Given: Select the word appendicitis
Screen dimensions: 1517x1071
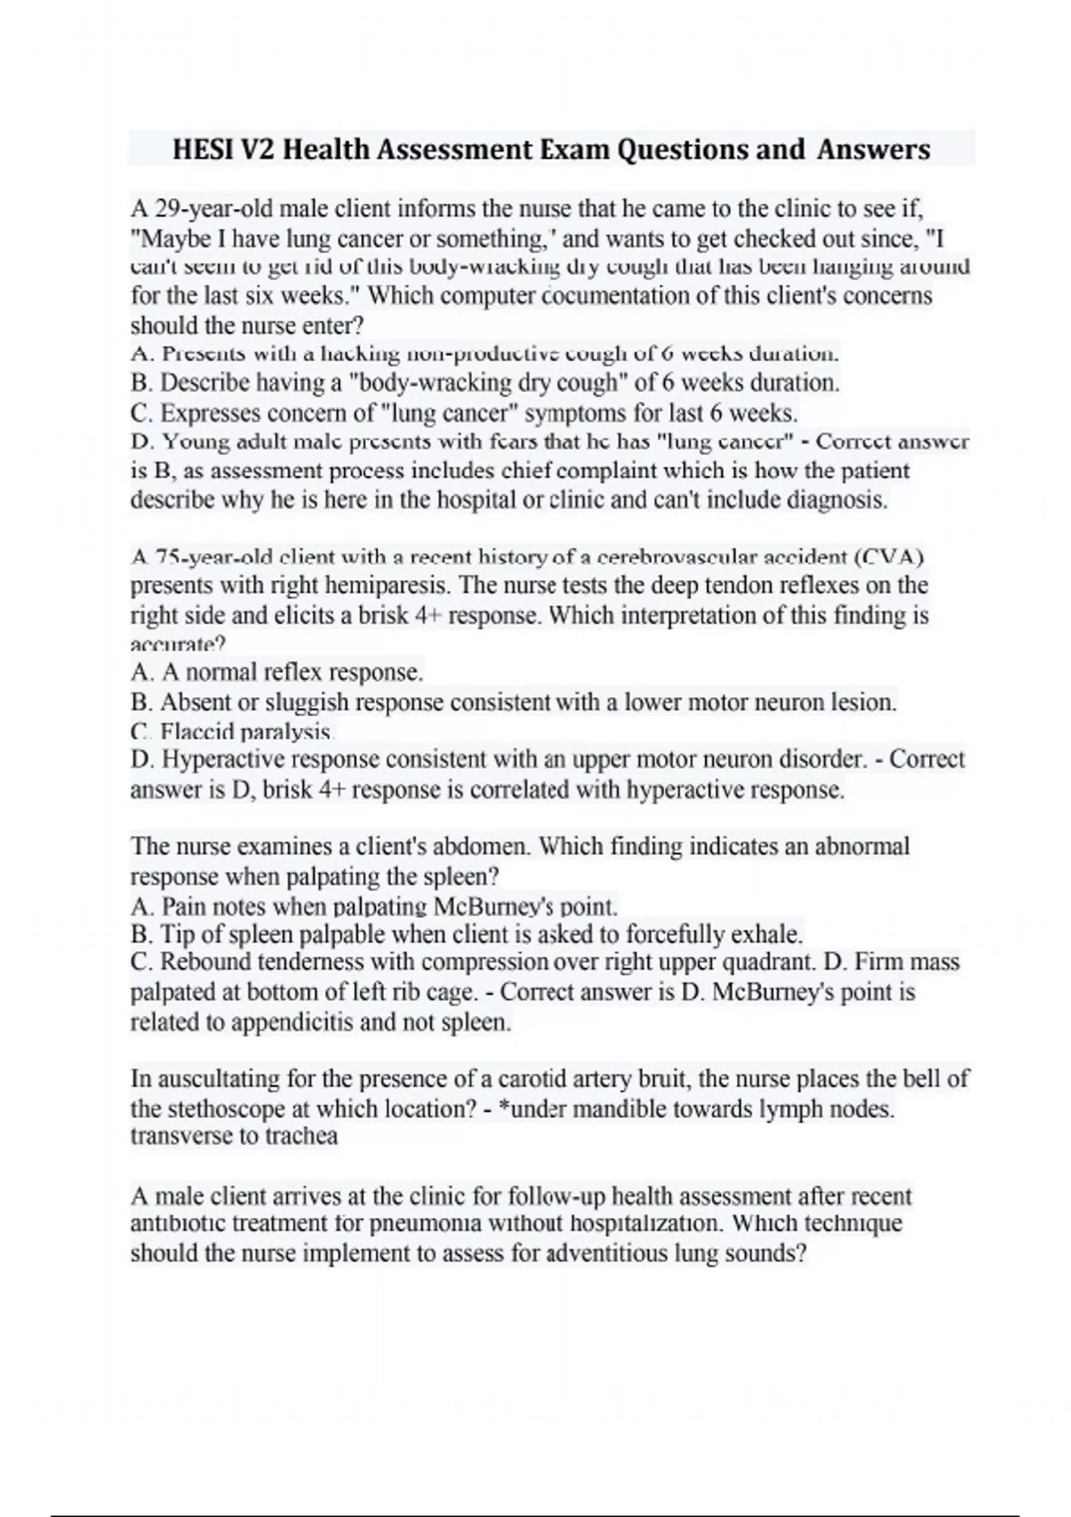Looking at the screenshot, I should [292, 1022].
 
